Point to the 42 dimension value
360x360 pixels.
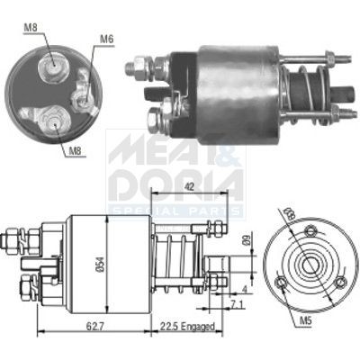coord(188,188)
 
